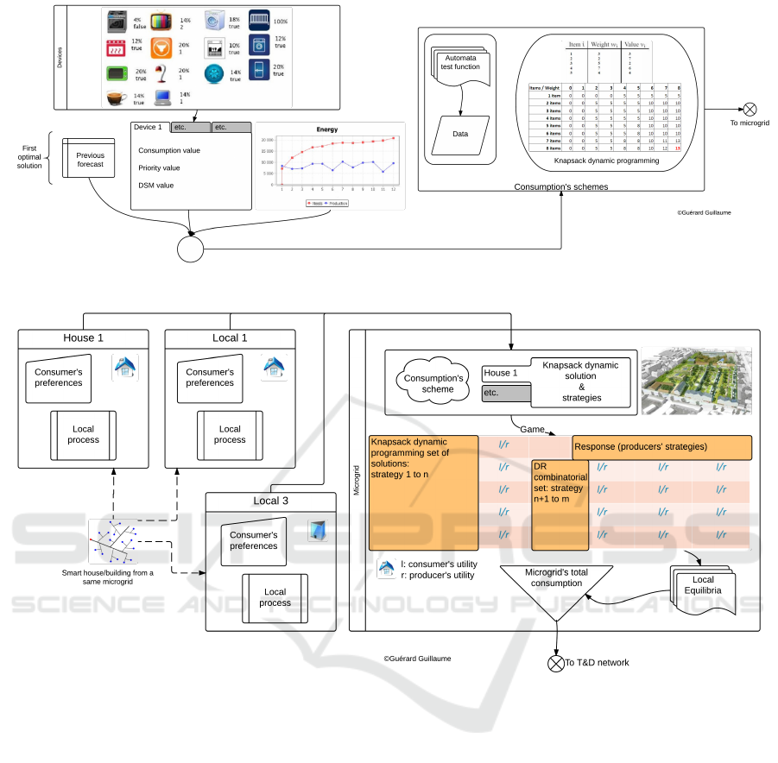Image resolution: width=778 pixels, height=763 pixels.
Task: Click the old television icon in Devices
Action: [161, 21]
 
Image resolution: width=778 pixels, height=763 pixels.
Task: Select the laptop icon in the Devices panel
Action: [162, 98]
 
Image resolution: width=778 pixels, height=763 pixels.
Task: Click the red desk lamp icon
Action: [160, 73]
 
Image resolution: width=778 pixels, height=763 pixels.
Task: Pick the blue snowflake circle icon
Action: [215, 73]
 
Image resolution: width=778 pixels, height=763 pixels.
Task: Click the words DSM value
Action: [156, 186]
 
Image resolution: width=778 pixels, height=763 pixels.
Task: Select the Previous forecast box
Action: [90, 160]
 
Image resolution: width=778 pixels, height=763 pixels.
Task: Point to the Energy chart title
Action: [326, 129]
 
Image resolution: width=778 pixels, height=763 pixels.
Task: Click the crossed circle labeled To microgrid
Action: [750, 109]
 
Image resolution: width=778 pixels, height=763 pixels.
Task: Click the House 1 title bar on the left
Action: [83, 337]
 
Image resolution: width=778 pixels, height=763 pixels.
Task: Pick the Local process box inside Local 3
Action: [275, 597]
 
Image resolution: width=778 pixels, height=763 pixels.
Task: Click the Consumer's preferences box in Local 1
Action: [210, 377]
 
